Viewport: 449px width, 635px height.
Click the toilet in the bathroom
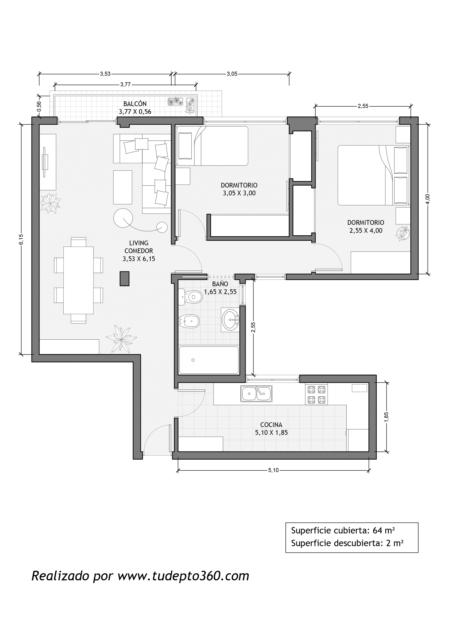[x=190, y=297]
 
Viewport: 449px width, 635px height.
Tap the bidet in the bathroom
[x=189, y=321]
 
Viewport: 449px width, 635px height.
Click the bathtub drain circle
[x=193, y=360]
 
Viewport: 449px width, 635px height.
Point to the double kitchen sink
[x=256, y=393]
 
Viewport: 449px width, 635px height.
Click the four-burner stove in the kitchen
[x=316, y=394]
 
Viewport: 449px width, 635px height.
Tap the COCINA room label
[x=272, y=425]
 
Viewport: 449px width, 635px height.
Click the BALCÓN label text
[x=135, y=104]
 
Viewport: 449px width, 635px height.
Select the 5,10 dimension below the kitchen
[x=273, y=470]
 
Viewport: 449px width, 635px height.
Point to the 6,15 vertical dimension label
[x=21, y=239]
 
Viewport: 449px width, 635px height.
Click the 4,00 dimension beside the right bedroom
[x=428, y=199]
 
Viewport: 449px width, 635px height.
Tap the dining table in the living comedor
[x=79, y=280]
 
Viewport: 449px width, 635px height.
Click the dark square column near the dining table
[x=124, y=278]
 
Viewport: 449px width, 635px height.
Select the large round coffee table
[x=123, y=218]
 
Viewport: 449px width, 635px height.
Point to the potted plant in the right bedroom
[x=402, y=233]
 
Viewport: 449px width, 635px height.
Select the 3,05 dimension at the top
[x=232, y=74]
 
